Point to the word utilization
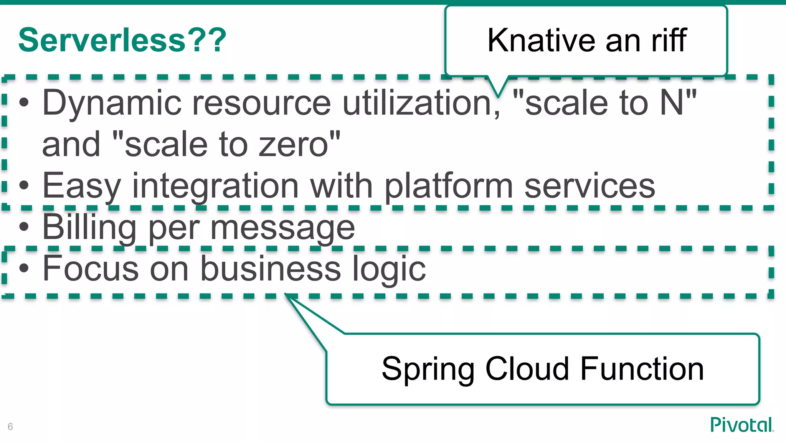click(421, 103)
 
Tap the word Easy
click(82, 186)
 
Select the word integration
click(215, 186)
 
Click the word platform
click(449, 186)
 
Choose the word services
click(589, 186)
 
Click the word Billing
click(89, 228)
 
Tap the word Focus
click(91, 269)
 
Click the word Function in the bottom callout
click(642, 369)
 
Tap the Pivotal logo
click(741, 425)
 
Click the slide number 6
click(10, 427)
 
